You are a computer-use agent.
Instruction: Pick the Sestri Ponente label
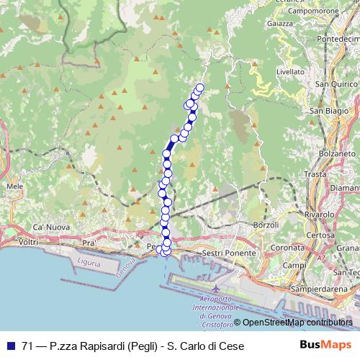[x=230, y=253]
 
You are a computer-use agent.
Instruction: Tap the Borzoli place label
[x=266, y=226]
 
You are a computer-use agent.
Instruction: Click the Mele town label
[x=14, y=186]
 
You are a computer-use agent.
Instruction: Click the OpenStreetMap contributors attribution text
[x=296, y=323]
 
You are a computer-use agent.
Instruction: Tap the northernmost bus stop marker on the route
[x=200, y=88]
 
